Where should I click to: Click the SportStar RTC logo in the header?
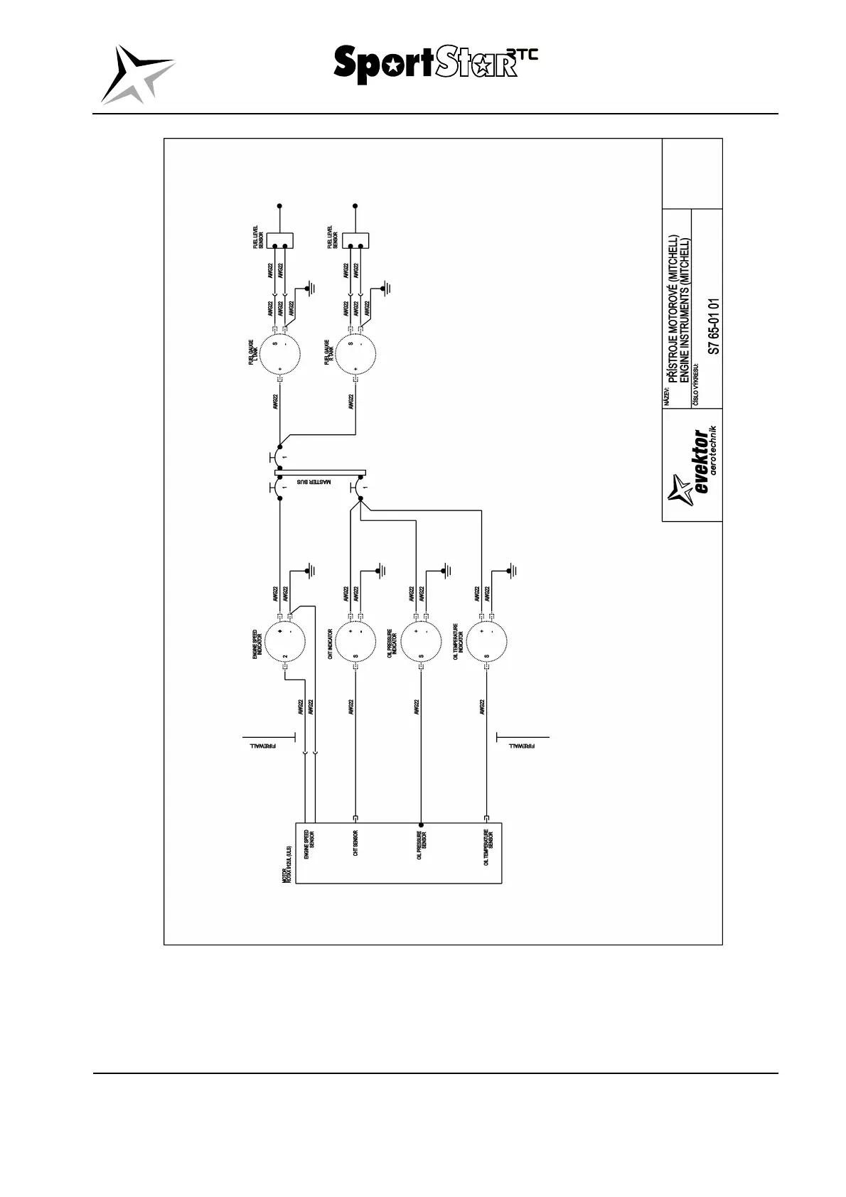(435, 64)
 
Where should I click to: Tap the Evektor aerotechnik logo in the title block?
(692, 466)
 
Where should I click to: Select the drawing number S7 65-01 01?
(714, 326)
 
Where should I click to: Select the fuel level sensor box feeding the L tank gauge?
(279, 240)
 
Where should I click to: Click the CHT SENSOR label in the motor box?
(355, 843)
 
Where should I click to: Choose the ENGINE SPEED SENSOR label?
(309, 844)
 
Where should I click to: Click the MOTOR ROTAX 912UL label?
(286, 864)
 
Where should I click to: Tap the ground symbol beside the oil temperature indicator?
(514, 570)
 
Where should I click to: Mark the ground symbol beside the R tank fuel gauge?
(385, 289)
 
